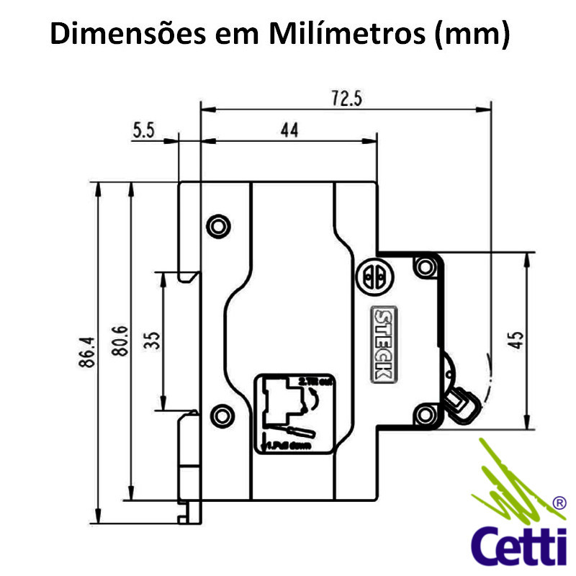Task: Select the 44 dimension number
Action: (289, 130)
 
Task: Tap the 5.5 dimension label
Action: (145, 130)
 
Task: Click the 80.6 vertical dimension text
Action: (120, 341)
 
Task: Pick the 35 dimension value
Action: (152, 338)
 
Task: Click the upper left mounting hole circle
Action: (217, 226)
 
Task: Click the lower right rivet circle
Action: (425, 413)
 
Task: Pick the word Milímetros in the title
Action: (350, 35)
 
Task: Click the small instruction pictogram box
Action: (291, 413)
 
